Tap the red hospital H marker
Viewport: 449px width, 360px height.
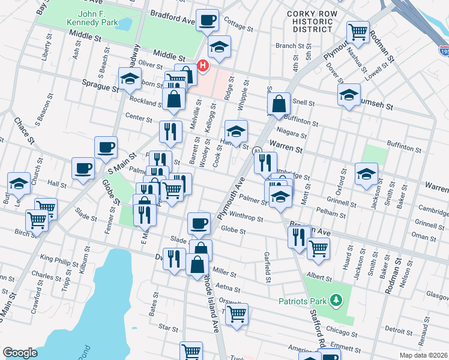(x=203, y=65)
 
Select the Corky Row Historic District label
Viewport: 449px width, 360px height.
(x=309, y=21)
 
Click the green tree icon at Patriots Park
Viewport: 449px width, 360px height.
(x=337, y=299)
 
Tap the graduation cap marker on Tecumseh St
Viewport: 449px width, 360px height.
(x=349, y=95)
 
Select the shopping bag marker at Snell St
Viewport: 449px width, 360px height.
(x=279, y=104)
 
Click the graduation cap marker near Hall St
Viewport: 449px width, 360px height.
(x=19, y=184)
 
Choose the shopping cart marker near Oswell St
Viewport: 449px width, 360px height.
(x=237, y=313)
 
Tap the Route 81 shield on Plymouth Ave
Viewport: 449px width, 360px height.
(x=257, y=150)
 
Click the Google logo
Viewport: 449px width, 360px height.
(x=20, y=353)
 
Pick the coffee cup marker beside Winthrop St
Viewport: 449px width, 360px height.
(x=199, y=224)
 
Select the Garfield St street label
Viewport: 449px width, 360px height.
(x=266, y=266)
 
